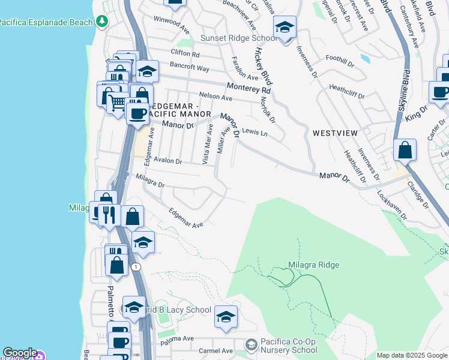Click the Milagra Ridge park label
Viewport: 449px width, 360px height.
[x=313, y=265]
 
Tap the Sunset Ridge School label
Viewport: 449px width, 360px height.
[x=239, y=38]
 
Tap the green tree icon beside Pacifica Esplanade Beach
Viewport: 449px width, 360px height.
[x=103, y=22]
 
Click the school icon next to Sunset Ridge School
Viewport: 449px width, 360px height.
[x=285, y=28]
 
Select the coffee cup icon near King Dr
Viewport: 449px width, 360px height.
[x=440, y=92]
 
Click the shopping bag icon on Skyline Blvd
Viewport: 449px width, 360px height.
[x=405, y=150]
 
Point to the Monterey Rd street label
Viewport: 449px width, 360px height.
[x=249, y=88]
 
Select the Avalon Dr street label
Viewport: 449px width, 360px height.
[x=167, y=161]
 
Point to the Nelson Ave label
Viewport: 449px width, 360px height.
[x=215, y=97]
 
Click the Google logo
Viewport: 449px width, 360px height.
[x=19, y=353]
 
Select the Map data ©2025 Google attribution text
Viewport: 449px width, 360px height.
[x=412, y=355]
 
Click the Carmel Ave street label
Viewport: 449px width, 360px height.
[x=215, y=350]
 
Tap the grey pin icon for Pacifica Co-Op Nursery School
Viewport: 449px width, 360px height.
[x=252, y=344]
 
